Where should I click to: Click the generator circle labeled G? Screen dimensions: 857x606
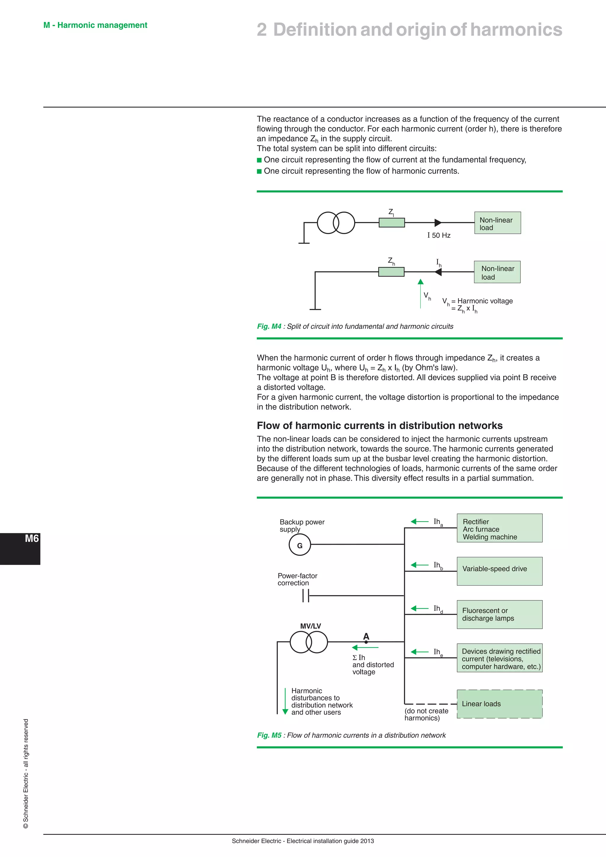coord(300,545)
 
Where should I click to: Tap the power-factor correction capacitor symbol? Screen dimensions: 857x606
coord(306,596)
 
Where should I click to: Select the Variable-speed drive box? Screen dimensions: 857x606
coord(499,571)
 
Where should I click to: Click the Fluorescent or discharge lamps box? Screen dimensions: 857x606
coord(499,614)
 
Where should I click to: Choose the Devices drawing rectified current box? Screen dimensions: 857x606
coord(499,658)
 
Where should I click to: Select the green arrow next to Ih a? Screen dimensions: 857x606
coord(419,521)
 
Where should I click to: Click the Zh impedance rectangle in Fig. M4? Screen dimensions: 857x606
coord(391,272)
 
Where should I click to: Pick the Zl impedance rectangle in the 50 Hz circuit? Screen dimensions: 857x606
coord(391,223)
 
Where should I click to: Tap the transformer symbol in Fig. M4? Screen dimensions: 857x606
coord(336,223)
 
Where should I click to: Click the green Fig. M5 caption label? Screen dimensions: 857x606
coord(269,735)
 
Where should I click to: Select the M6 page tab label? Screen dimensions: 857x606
coord(32,539)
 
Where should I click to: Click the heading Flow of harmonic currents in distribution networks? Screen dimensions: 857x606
coord(380,426)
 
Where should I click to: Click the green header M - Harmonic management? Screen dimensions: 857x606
coord(95,25)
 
